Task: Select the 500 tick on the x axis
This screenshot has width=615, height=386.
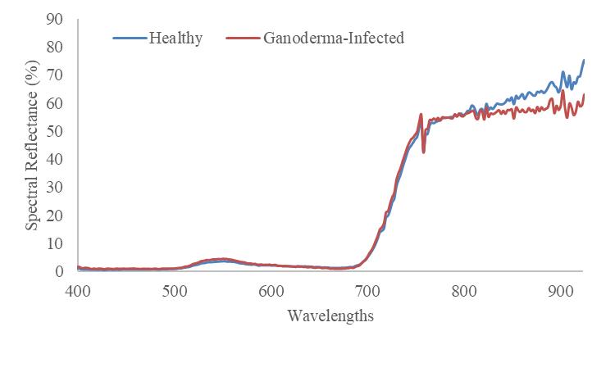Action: (x=174, y=289)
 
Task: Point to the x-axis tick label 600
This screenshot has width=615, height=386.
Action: (x=271, y=289)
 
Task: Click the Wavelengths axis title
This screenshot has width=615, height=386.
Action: (x=330, y=316)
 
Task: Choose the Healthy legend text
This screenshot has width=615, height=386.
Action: (x=175, y=38)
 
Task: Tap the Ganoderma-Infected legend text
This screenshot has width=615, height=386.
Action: (x=334, y=38)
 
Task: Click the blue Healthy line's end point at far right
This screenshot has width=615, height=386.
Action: (x=584, y=60)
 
